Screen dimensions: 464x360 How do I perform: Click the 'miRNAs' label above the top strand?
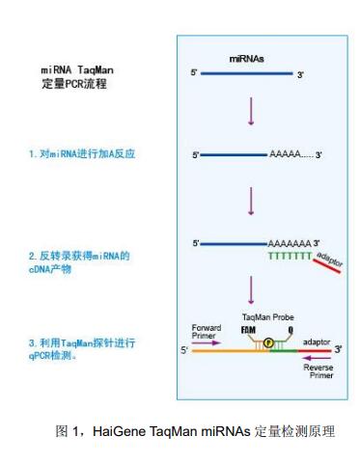248,60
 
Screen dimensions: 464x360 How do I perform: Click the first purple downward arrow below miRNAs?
250,109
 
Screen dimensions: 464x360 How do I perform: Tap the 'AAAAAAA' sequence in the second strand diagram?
286,242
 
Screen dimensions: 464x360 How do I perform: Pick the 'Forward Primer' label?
207,330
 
